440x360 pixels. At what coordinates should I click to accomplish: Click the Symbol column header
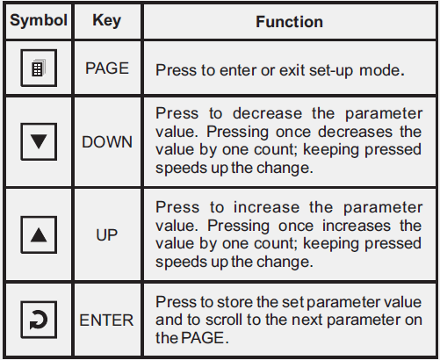37,21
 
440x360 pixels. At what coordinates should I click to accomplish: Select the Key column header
107,21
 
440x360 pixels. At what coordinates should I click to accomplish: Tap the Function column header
289,21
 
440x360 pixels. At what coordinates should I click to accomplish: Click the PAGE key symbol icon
37,68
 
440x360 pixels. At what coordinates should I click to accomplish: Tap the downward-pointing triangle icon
37,141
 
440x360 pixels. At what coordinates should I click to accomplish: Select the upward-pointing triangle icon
37,236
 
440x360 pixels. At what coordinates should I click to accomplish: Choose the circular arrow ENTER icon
37,320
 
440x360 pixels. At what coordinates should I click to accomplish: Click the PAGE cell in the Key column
107,69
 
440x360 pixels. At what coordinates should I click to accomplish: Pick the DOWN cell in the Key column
107,141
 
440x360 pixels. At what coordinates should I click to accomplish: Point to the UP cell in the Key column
107,236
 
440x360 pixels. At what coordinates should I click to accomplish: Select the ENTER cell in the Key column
107,320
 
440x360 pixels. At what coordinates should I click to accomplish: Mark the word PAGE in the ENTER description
198,337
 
